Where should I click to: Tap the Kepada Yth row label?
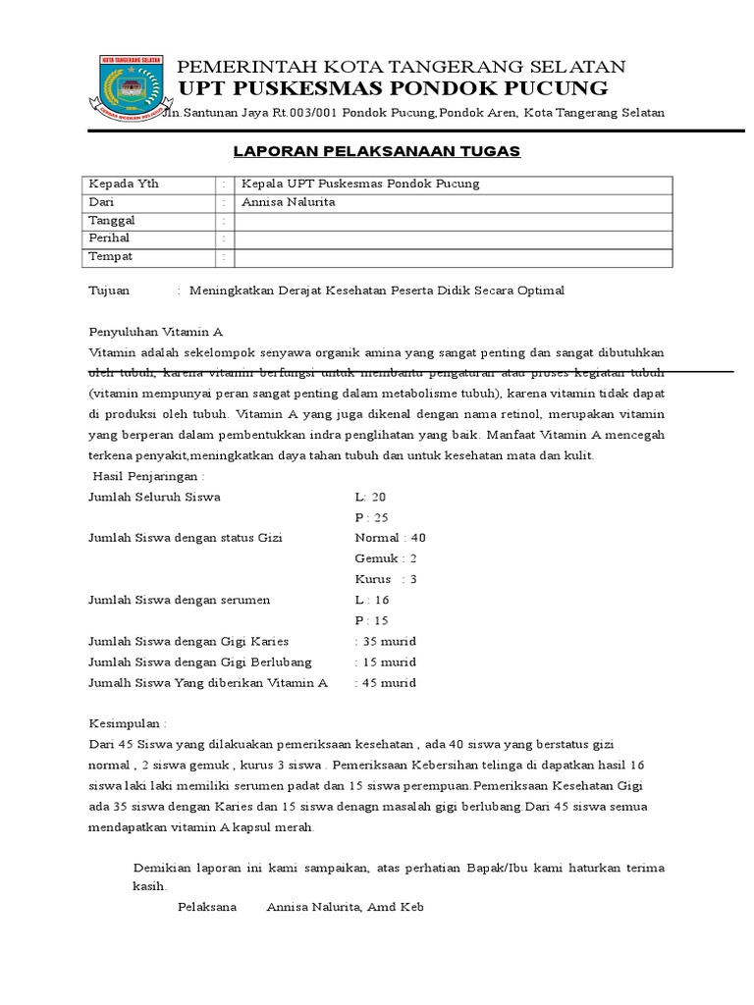click(124, 185)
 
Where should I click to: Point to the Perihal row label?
click(109, 238)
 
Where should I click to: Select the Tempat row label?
click(111, 256)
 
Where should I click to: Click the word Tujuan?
click(109, 291)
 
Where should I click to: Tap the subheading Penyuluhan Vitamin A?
click(156, 333)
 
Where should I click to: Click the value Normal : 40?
click(390, 538)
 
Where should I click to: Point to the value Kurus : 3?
click(386, 579)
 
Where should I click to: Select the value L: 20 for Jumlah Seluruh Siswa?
click(370, 497)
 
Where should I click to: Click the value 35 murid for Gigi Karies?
click(386, 641)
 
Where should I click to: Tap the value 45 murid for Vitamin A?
click(386, 682)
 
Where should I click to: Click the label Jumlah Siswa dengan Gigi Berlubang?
click(200, 661)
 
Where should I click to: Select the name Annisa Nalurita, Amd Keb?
click(345, 908)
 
